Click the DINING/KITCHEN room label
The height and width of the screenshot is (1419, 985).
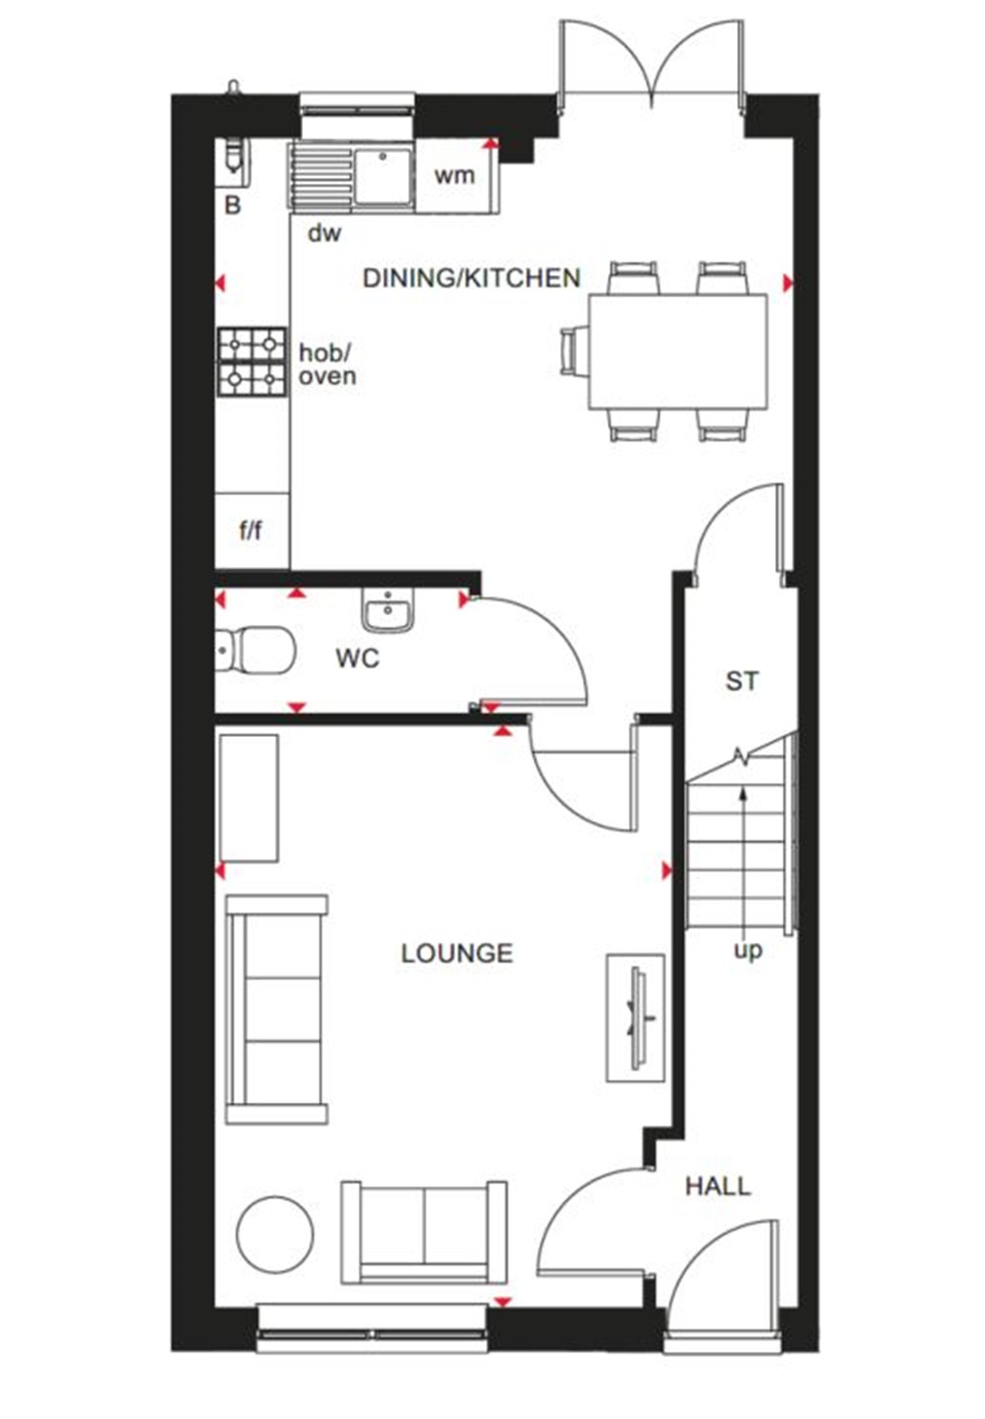click(471, 278)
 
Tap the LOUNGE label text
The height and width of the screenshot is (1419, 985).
click(457, 953)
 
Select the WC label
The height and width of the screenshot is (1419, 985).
click(357, 659)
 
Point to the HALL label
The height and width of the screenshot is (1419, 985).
click(718, 1186)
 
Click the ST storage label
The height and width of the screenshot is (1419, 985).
click(742, 681)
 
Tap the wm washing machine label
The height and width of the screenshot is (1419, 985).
click(454, 175)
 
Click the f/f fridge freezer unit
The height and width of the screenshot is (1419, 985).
click(251, 530)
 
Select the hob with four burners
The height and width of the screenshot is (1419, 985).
click(252, 363)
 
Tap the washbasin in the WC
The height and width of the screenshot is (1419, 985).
click(389, 611)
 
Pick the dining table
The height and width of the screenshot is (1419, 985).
click(678, 351)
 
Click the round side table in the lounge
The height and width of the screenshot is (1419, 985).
click(275, 1234)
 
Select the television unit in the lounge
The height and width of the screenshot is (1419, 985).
click(635, 1018)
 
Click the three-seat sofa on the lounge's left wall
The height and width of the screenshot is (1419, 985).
click(276, 1009)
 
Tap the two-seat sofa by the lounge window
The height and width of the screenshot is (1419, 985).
click(423, 1231)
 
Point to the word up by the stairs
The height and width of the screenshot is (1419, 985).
click(747, 950)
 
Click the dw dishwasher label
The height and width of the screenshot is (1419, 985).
click(324, 233)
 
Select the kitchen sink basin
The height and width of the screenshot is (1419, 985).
click(383, 176)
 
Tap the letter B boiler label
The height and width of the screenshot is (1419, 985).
click(233, 206)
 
